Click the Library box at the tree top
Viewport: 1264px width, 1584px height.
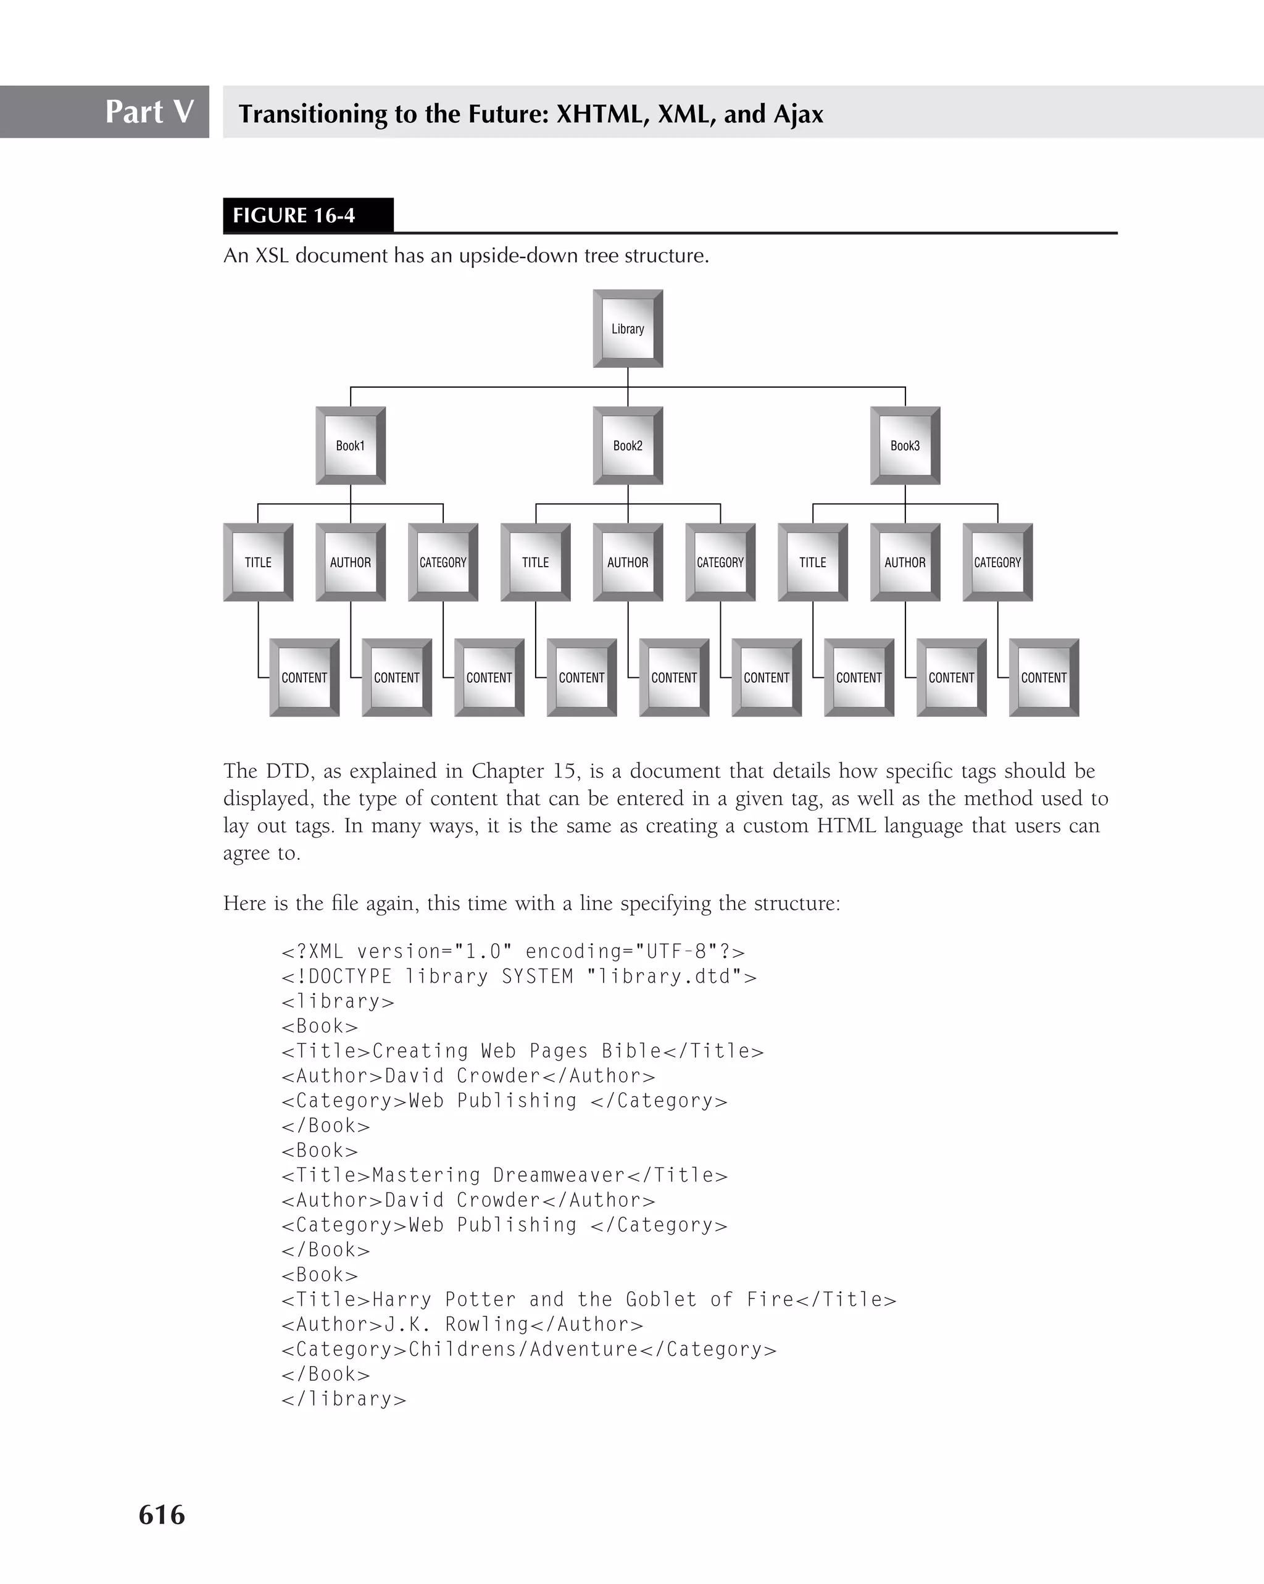(627, 328)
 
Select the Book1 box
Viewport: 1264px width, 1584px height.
(351, 445)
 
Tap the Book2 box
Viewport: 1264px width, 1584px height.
(627, 445)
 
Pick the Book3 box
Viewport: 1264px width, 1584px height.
(905, 445)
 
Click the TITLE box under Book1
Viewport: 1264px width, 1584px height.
(258, 562)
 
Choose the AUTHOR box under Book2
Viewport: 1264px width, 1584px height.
(627, 562)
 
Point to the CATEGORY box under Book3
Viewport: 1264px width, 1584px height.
(997, 562)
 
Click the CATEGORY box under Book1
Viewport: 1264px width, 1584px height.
(443, 562)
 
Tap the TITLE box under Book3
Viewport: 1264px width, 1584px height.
(812, 562)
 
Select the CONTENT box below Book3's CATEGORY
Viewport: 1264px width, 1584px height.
(1044, 677)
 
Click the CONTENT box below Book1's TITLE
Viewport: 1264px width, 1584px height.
(304, 677)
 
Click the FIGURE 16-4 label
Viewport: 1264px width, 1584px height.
(294, 215)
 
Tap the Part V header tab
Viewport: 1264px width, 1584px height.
(149, 112)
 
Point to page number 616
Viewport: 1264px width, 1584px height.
(162, 1514)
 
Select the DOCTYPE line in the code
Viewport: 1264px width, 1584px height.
(518, 977)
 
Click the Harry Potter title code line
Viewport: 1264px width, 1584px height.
(588, 1299)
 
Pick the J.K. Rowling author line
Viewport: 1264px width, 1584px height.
(462, 1325)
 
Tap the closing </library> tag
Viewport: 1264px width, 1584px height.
(344, 1399)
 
